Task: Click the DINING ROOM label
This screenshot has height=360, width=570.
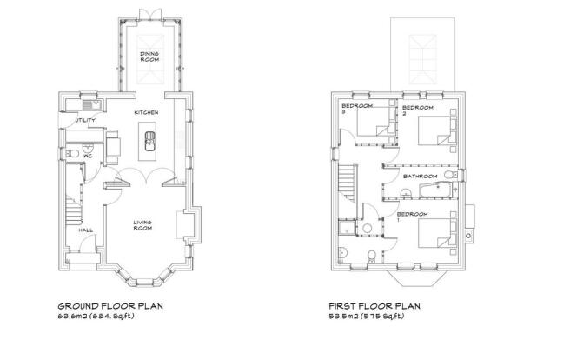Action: (x=149, y=57)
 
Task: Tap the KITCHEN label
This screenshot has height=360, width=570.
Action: (x=146, y=113)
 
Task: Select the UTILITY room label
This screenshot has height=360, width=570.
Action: (x=85, y=120)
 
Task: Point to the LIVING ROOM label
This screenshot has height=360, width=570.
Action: (x=142, y=225)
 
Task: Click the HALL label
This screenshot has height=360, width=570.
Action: (x=86, y=230)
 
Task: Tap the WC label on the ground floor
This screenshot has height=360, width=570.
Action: (x=88, y=157)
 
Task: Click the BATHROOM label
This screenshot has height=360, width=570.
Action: (x=421, y=177)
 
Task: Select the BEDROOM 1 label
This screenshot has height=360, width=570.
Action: (x=412, y=217)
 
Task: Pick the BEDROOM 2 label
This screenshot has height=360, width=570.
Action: (x=418, y=110)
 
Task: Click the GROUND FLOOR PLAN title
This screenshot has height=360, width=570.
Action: (x=110, y=306)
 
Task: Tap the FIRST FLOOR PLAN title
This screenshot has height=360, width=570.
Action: (x=374, y=306)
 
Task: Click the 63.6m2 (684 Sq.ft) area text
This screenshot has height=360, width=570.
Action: (x=96, y=317)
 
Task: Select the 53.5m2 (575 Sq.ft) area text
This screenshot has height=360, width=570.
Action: (x=366, y=317)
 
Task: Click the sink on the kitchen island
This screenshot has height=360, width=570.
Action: (x=149, y=141)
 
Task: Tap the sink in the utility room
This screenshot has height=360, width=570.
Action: (x=89, y=105)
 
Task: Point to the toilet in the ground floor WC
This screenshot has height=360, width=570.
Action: (x=72, y=154)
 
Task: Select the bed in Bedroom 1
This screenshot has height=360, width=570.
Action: (x=434, y=233)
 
